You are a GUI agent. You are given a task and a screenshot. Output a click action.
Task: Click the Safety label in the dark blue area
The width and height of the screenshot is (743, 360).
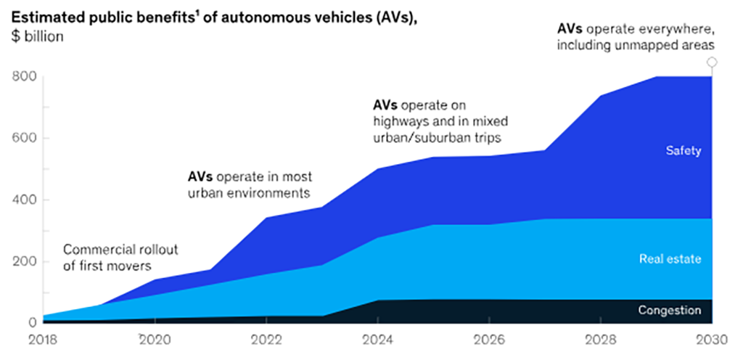tap(684, 151)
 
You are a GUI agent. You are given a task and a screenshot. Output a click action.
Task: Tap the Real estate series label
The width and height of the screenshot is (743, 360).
tap(670, 258)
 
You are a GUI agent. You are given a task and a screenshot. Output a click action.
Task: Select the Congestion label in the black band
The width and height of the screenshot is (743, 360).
tap(669, 311)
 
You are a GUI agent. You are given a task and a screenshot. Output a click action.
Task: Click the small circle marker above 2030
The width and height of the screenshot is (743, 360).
tap(713, 62)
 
